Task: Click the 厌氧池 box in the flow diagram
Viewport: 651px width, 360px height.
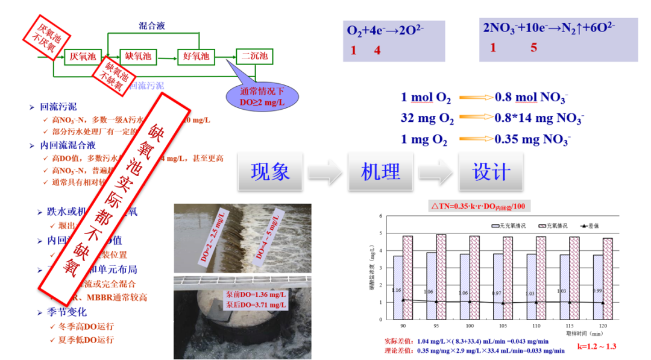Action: pyautogui.click(x=83, y=57)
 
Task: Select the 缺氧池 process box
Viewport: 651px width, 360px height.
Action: pyautogui.click(x=138, y=57)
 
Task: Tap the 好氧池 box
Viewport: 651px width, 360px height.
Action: pyautogui.click(x=196, y=57)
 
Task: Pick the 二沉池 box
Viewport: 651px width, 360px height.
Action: pyautogui.click(x=254, y=57)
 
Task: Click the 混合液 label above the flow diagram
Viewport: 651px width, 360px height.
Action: pyautogui.click(x=152, y=26)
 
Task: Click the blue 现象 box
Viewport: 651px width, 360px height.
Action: pyautogui.click(x=270, y=172)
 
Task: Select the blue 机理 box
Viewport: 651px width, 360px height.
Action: pyautogui.click(x=380, y=172)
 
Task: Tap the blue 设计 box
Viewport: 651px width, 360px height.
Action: pyautogui.click(x=491, y=172)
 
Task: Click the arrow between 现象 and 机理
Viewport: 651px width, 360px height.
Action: pyautogui.click(x=325, y=172)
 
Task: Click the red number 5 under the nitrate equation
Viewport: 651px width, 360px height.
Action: pyautogui.click(x=533, y=48)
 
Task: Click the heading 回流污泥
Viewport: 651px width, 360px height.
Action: pyautogui.click(x=58, y=107)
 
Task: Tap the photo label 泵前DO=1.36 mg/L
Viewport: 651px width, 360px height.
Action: pyautogui.click(x=256, y=295)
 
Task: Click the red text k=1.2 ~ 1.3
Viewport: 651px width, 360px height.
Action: pyautogui.click(x=597, y=346)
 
